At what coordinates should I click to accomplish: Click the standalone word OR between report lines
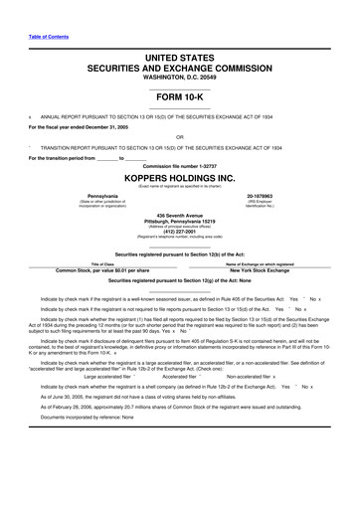coord(179,137)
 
